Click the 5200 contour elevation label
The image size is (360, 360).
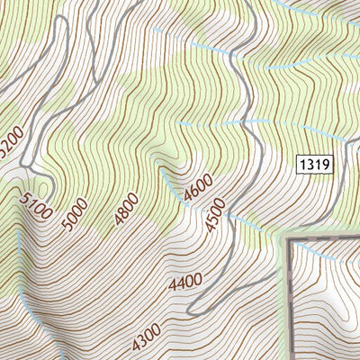tap(11, 141)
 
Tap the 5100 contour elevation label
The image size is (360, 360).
tap(34, 206)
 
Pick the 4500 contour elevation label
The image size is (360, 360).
tap(214, 219)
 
